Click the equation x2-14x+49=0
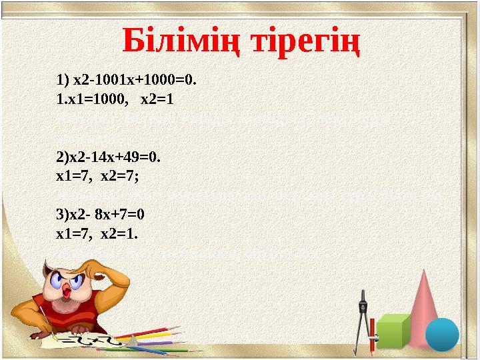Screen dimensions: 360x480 116,158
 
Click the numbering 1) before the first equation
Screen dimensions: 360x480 64,81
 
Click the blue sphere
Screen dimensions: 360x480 442,334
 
